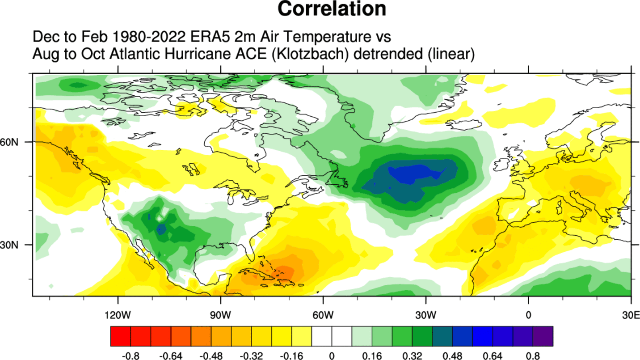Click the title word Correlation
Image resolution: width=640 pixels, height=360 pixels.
pyautogui.click(x=332, y=9)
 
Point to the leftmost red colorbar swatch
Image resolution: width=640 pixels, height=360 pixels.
pyautogui.click(x=120, y=336)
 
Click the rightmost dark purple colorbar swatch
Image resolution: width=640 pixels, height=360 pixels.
pyautogui.click(x=543, y=336)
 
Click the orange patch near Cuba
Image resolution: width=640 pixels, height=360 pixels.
pyautogui.click(x=283, y=271)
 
